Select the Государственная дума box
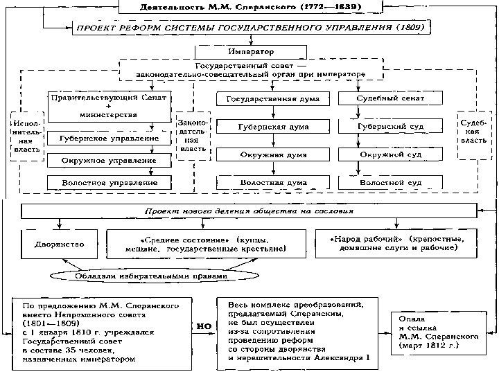[268, 99]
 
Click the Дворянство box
[60, 244]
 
